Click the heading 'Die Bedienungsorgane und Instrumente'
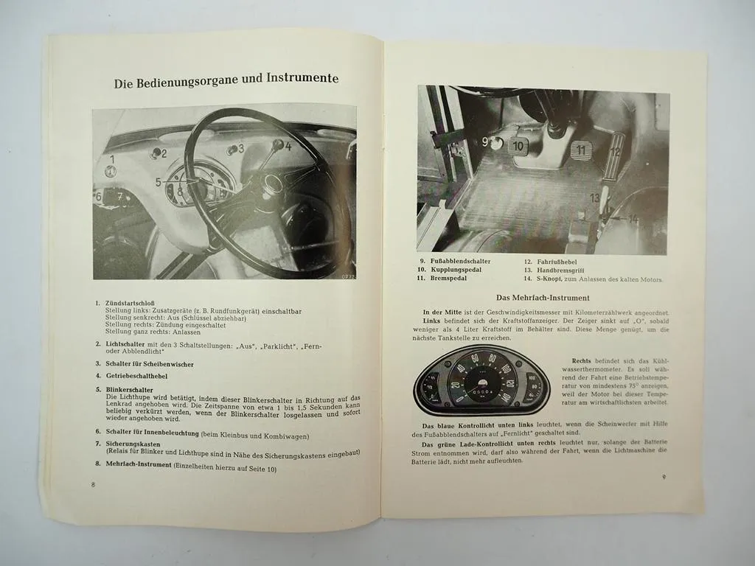pos(226,83)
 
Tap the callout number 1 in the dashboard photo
pos(112,158)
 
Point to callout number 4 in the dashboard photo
pos(288,146)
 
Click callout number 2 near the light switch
pos(164,154)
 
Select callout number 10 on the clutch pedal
pos(518,147)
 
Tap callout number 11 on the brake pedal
pos(581,150)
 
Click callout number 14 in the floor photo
pos(633,219)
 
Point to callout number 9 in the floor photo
pos(485,141)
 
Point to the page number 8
pos(93,484)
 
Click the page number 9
pos(664,477)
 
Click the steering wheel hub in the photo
pos(274,184)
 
